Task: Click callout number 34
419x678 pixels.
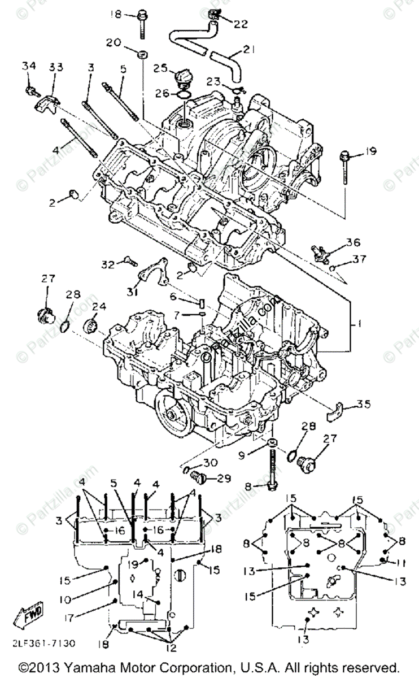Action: coord(28,66)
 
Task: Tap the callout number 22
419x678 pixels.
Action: coord(241,24)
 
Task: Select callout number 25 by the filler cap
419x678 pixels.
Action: coord(160,68)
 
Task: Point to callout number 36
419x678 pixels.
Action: coord(353,242)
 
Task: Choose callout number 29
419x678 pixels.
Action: coord(224,479)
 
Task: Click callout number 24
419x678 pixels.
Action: coord(99,307)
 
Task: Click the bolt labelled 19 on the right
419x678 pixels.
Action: coord(344,167)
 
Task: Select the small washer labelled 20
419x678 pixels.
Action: coord(142,55)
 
